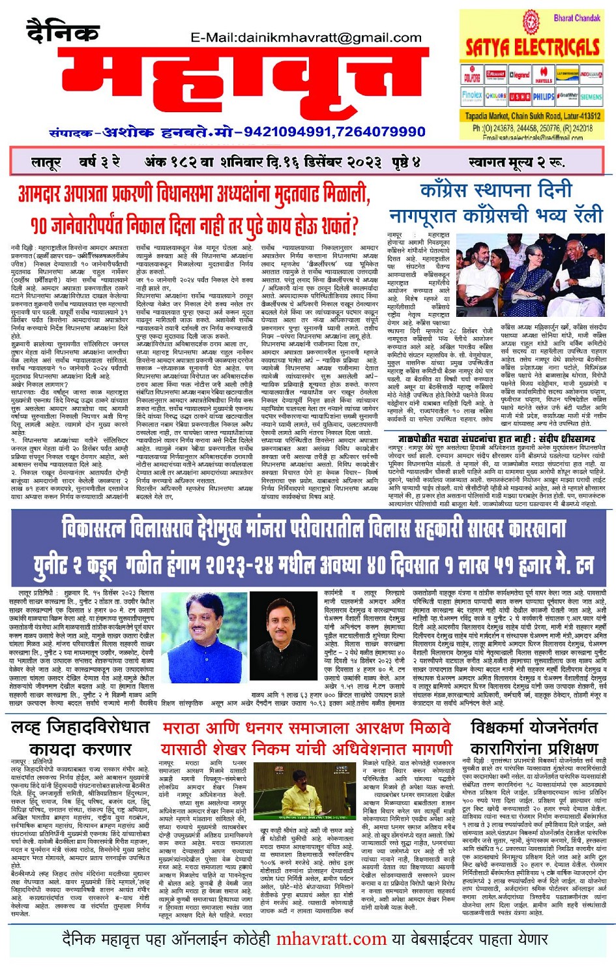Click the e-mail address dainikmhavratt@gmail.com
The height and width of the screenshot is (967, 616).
click(x=306, y=38)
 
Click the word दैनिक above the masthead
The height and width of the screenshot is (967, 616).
click(x=63, y=30)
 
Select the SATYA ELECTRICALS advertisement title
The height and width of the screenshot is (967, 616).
click(x=532, y=47)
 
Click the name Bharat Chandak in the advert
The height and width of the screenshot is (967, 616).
click(x=577, y=18)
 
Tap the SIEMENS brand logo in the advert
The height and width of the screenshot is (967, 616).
click(x=591, y=97)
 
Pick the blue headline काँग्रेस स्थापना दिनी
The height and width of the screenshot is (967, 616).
click(x=495, y=191)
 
